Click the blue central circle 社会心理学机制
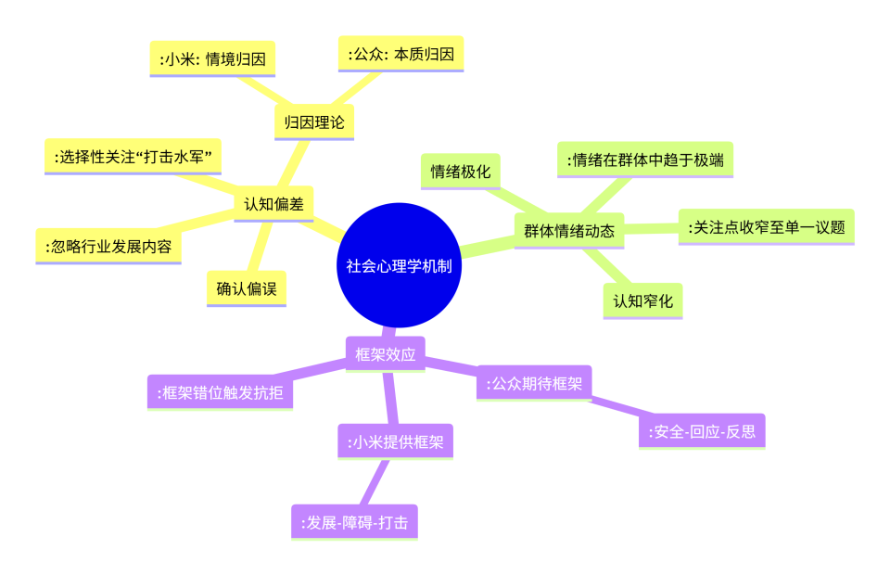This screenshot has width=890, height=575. coord(399,265)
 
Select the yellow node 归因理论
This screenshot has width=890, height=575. coord(314,122)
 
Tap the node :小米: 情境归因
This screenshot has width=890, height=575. coord(213,59)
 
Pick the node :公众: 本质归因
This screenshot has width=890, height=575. coord(401,55)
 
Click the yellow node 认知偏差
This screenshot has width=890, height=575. coord(274,204)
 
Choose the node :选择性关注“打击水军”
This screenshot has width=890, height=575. coord(133,157)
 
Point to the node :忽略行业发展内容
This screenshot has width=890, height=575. coord(108,247)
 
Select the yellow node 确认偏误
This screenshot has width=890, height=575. coord(247,289)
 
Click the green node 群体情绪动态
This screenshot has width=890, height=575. coord(569,231)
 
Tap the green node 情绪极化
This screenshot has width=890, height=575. coord(461,172)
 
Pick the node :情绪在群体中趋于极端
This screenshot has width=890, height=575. coord(645,160)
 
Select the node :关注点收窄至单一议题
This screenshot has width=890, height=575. coord(767,227)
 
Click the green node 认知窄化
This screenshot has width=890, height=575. coord(643,300)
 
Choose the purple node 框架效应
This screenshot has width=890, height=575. coord(386,354)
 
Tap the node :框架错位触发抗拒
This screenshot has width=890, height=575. coord(221,392)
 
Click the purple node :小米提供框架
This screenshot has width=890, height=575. coord(396,441)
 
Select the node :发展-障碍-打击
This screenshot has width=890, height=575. coord(355,522)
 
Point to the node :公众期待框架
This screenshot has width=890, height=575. coord(534,383)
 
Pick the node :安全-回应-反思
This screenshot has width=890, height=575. coord(702,431)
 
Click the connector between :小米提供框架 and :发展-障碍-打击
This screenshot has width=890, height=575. coord(375,482)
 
